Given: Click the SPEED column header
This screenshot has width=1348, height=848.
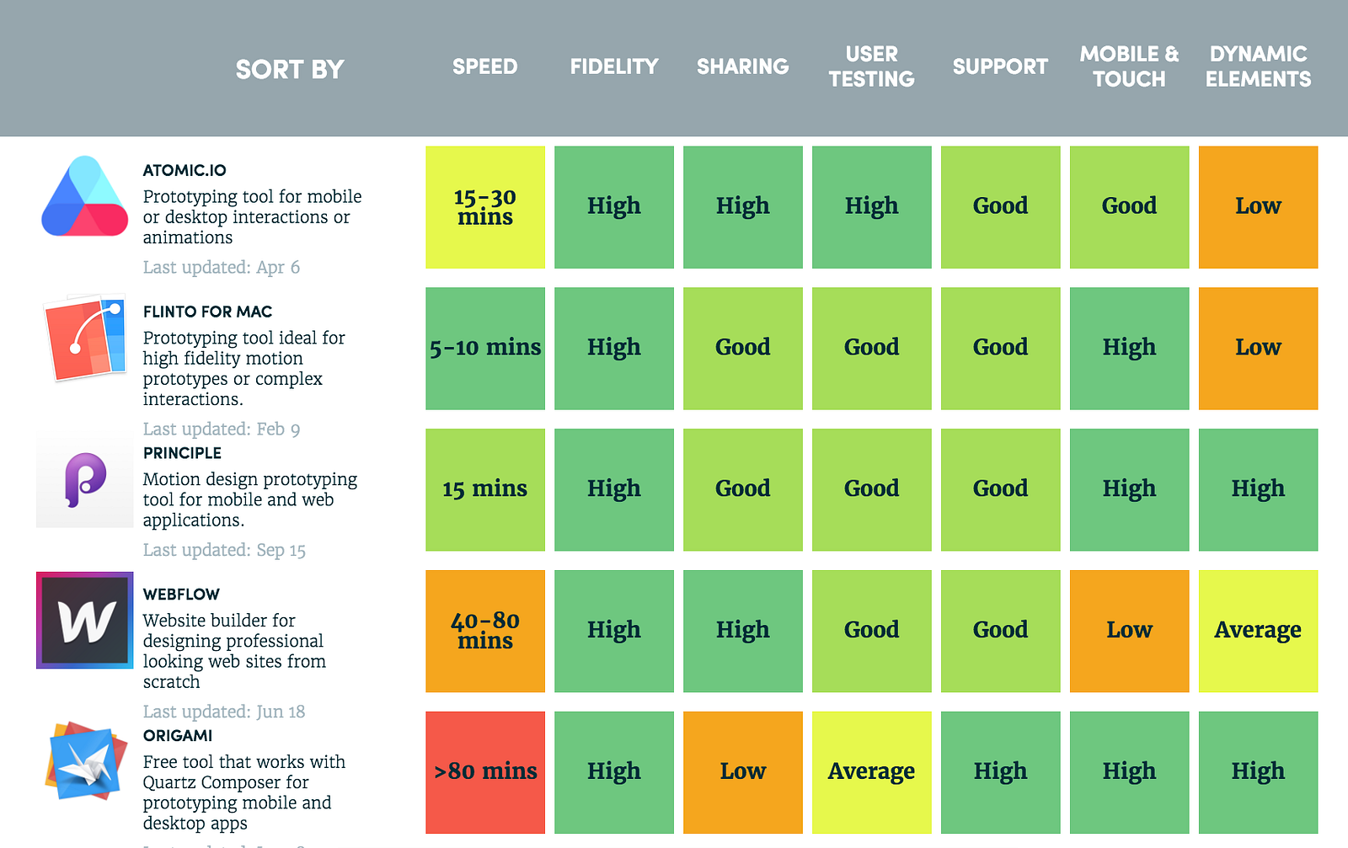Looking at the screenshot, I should coord(484,67).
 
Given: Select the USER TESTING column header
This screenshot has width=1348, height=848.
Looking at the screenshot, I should coord(871,67).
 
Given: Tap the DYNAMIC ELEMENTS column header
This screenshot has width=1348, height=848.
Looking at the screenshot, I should coord(1258,67).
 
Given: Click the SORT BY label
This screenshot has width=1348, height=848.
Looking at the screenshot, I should coord(290,69).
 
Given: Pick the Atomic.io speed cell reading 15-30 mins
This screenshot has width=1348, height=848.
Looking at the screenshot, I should coord(485,207).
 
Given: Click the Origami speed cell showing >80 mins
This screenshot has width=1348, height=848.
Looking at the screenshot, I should coord(485,771).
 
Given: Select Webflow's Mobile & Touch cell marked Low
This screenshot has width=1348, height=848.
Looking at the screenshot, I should coord(1129,631).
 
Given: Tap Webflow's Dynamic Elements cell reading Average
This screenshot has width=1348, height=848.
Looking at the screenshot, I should coord(1258,631).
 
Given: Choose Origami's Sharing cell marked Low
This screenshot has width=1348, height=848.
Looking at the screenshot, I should coord(742,771).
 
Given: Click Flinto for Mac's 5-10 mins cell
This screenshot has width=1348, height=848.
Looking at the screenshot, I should coord(485,348).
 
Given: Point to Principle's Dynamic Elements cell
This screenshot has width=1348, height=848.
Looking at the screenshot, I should coord(1258,489).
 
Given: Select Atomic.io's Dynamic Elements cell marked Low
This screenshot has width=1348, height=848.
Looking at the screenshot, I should coord(1258,207).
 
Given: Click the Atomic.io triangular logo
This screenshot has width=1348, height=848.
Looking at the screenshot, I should coord(84,198).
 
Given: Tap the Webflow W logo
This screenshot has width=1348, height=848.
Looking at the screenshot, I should coord(84,621).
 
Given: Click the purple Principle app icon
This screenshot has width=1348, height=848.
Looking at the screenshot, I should coord(85,479).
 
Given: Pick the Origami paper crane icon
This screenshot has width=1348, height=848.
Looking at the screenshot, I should coord(84,760).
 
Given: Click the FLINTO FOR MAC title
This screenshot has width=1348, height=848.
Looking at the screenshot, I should coord(207,312).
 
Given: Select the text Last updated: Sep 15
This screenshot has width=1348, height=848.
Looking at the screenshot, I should coord(224,550).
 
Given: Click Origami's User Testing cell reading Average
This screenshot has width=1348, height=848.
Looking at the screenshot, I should coord(871,771).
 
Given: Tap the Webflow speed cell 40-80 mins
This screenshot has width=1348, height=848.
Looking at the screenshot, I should coord(485,631).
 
